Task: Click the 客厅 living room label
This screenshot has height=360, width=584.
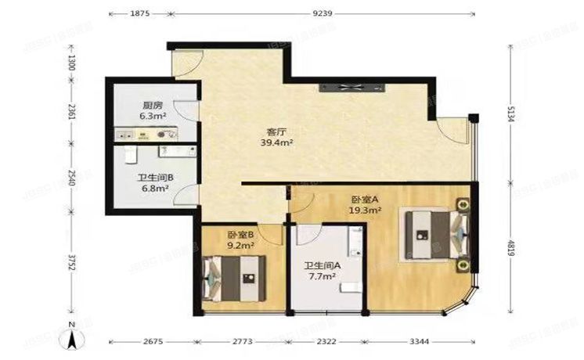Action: point(276,132)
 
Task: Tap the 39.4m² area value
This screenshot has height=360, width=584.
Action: point(276,143)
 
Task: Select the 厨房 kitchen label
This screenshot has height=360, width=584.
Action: point(152,105)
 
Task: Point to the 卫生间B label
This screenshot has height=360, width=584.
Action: point(155,178)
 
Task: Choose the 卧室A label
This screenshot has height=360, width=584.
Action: point(364,199)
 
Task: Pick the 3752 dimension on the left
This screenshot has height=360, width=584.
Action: point(71,263)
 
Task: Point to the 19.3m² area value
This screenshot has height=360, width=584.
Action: point(365,210)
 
